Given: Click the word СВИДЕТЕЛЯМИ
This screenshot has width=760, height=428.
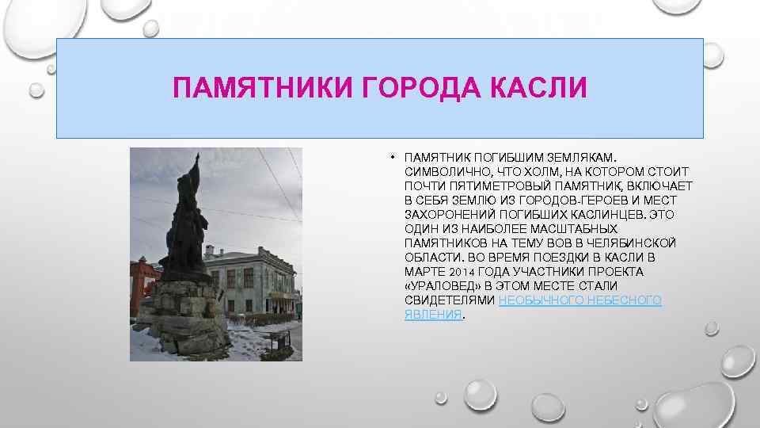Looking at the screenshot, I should (450, 300).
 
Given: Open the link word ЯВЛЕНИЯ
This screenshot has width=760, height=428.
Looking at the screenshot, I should (432, 315).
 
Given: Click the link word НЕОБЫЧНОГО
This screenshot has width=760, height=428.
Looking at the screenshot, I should (549, 300).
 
